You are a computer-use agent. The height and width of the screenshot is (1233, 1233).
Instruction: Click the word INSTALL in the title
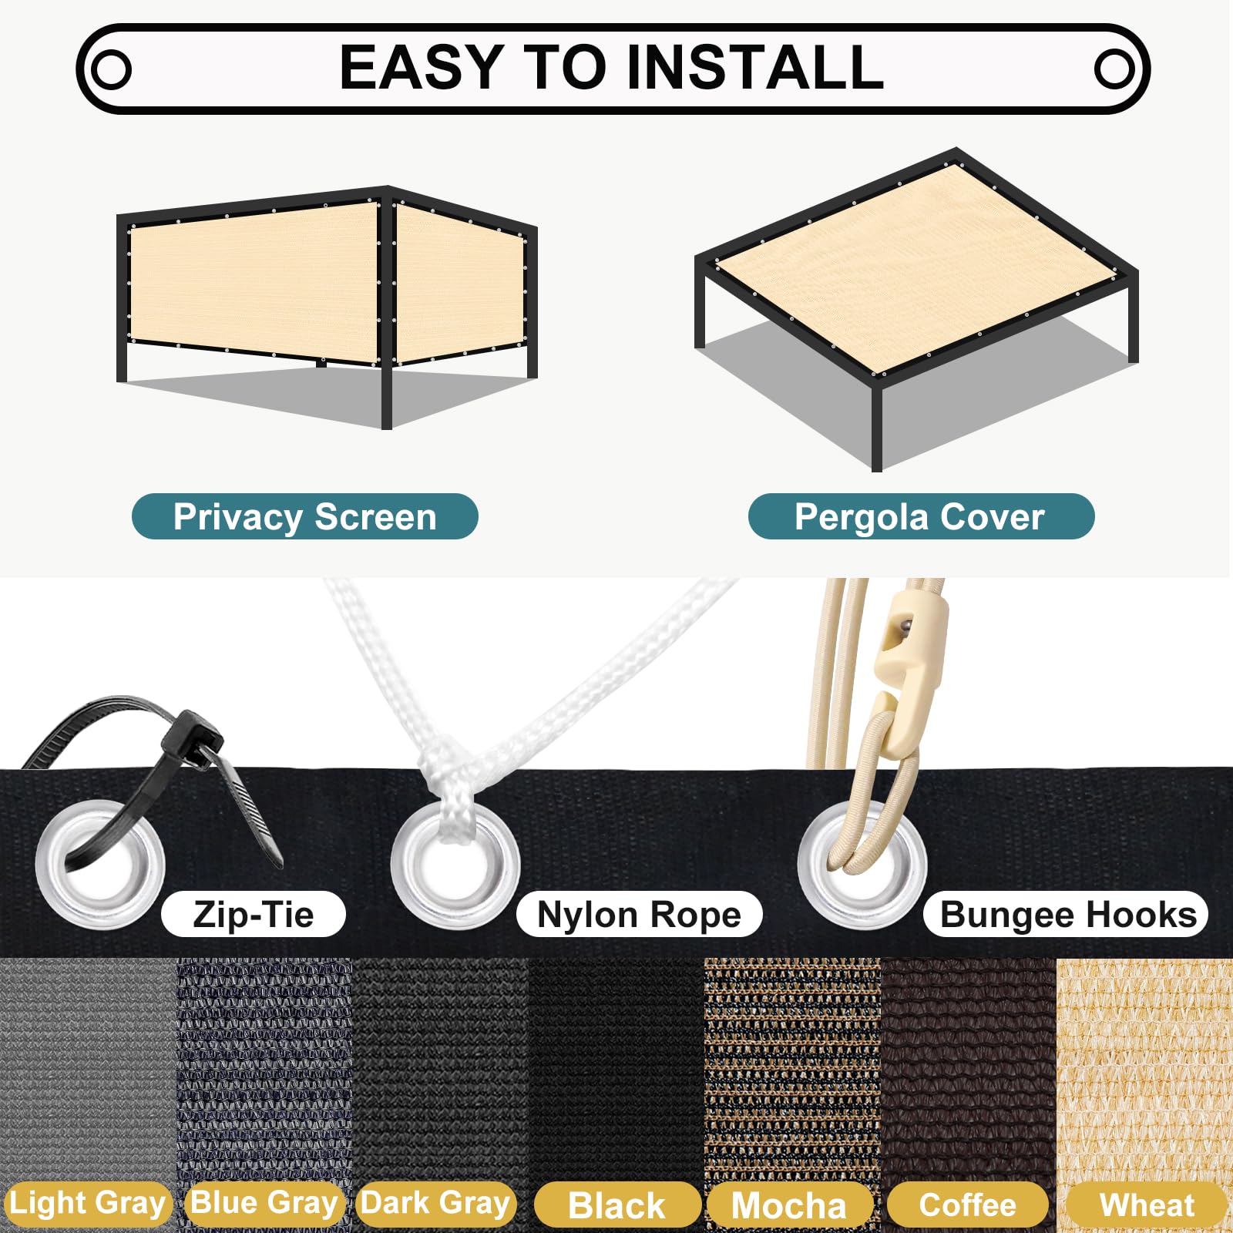pos(755,67)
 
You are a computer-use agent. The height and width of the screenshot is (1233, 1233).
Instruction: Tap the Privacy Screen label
pos(305,516)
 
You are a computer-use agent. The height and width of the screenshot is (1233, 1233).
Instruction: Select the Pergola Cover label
pos(921,516)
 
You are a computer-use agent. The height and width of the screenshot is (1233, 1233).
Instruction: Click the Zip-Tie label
pos(254,915)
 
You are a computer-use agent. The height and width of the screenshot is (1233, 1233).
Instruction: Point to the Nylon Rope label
pos(639,915)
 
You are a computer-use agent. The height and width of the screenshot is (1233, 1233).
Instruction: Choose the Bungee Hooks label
pos(1067,915)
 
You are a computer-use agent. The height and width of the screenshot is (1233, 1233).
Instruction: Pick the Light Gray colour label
pos(87,1204)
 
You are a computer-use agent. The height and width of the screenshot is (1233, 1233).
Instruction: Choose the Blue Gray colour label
pos(264,1204)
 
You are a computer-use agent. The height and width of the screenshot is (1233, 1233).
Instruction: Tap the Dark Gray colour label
pos(436,1204)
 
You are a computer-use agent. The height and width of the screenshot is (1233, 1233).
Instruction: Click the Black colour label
pos(617,1205)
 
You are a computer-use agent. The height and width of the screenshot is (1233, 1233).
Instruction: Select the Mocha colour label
pos(789,1205)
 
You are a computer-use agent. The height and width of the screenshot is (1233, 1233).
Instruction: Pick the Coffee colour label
pos(968,1205)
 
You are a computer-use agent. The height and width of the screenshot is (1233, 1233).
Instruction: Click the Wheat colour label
pos(1147,1205)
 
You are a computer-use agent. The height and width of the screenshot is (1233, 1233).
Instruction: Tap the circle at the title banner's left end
pos(111,69)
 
